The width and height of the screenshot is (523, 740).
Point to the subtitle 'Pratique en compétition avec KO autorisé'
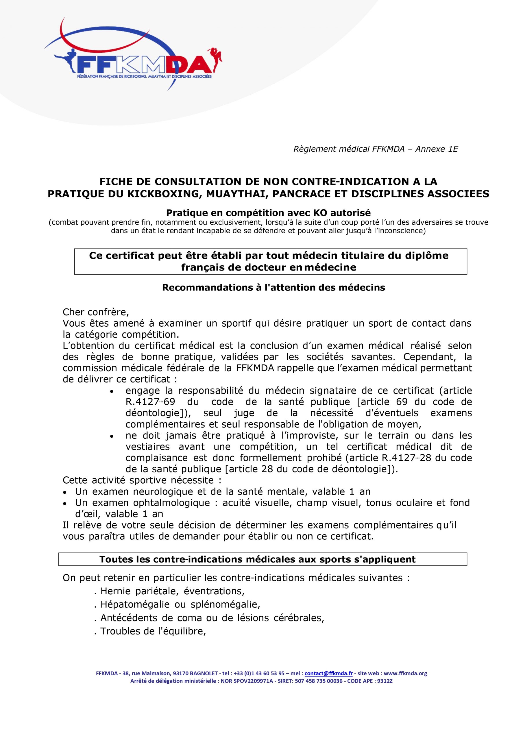coord(268,213)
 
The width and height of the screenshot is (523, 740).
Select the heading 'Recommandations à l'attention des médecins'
coord(273,288)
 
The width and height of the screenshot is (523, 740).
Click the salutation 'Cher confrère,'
coord(96,312)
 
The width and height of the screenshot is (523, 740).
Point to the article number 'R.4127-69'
coord(146,402)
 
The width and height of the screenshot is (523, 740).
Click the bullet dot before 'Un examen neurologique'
coord(65,492)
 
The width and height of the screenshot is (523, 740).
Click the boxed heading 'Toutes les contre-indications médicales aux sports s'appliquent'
coord(257,559)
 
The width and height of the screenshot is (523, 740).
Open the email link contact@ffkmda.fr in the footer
coord(328,673)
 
